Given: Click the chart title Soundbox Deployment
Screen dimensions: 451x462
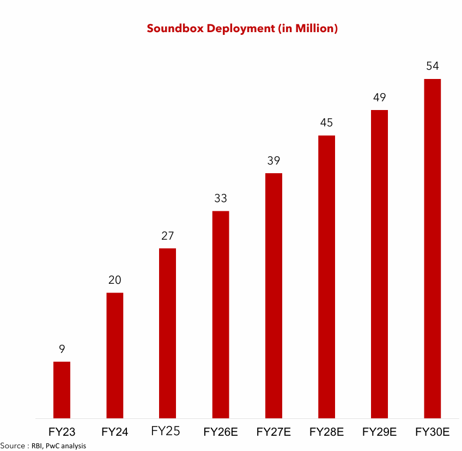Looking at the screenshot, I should pos(242,28).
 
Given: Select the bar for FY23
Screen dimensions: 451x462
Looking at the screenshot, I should pos(62,390).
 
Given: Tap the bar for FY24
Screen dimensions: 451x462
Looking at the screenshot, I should pos(114,356).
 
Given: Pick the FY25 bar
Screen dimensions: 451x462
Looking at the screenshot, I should pos(167,333).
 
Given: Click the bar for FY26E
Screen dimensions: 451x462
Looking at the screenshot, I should pos(221,315).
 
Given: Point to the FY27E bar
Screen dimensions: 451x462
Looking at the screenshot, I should pos(273,296).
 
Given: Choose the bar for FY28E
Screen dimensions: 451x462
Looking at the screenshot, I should pos(326,277).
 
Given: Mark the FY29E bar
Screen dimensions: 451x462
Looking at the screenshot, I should pos(379,264).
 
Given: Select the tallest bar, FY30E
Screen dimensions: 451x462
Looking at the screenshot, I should pos(432,249).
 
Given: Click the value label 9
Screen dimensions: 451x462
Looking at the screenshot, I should pos(62,349).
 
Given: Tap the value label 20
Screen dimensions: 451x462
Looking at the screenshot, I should pos(114,280).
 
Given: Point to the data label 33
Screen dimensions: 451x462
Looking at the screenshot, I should pos(220,198).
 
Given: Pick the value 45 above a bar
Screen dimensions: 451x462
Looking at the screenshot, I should pos(326,123).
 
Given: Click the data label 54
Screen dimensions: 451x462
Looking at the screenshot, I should pos(432,66).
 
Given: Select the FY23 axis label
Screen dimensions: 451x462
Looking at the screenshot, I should pos(62,432).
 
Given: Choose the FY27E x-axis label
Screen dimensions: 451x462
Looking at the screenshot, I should pos(273,432).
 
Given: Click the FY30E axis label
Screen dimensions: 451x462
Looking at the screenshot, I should pos(432,432).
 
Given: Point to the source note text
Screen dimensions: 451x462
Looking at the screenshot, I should pos(43,446).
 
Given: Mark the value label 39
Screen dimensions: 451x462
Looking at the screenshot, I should pos(273,161).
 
